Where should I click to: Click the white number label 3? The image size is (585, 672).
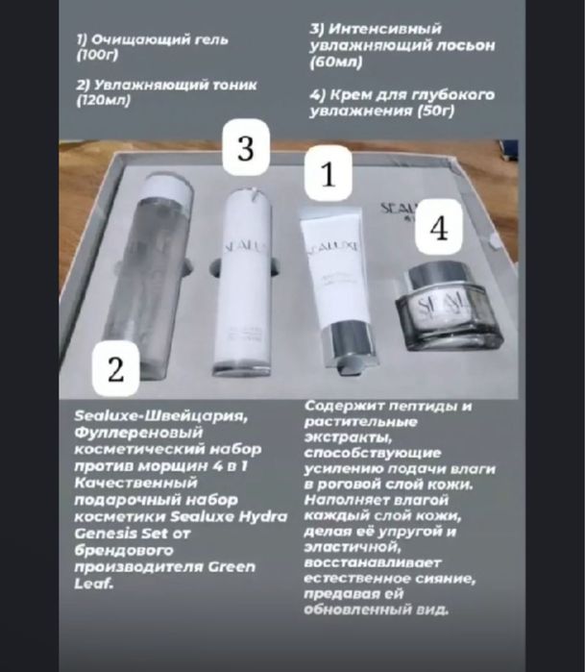click(x=245, y=149)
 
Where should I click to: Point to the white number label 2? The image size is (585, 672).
click(x=116, y=371)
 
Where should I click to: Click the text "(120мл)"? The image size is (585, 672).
click(x=101, y=100)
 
